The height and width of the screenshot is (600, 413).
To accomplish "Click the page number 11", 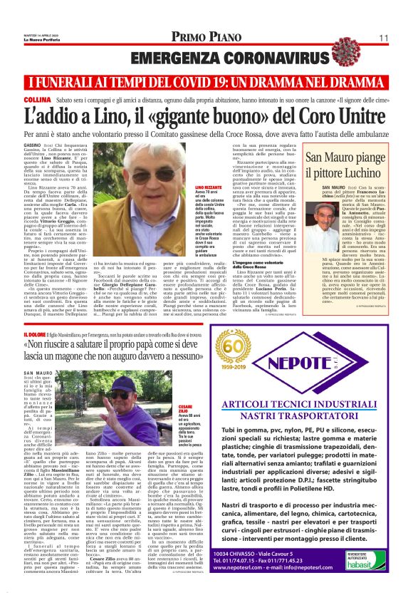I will click(x=383, y=38).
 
